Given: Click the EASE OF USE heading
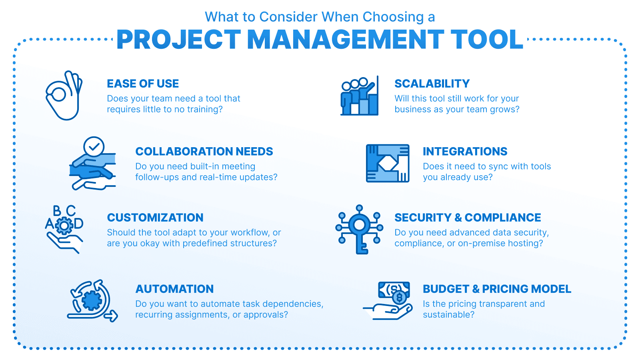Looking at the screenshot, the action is tap(143, 84).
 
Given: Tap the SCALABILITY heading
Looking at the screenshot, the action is tap(432, 84).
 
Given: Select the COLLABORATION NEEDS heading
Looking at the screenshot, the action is tap(204, 152).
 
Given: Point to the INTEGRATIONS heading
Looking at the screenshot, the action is tap(465, 152).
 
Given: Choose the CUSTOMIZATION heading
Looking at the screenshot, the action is tap(155, 218).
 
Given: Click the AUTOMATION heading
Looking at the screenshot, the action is tap(174, 289).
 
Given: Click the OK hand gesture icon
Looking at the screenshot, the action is tap(64, 95).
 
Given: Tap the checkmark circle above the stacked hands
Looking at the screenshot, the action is tap(94, 147).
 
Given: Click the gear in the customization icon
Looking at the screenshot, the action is tap(64, 226).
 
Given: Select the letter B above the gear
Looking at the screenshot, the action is tap(57, 211).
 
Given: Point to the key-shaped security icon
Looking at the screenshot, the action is tap(360, 230).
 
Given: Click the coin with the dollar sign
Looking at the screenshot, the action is tap(400, 298).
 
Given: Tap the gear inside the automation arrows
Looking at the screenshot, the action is tap(92, 300).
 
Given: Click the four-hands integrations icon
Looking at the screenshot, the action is tap(388, 163).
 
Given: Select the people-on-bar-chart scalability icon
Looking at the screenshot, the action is tap(360, 96).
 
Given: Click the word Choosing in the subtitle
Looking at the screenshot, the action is tap(393, 17).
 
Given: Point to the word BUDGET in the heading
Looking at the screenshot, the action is tap(446, 289).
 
